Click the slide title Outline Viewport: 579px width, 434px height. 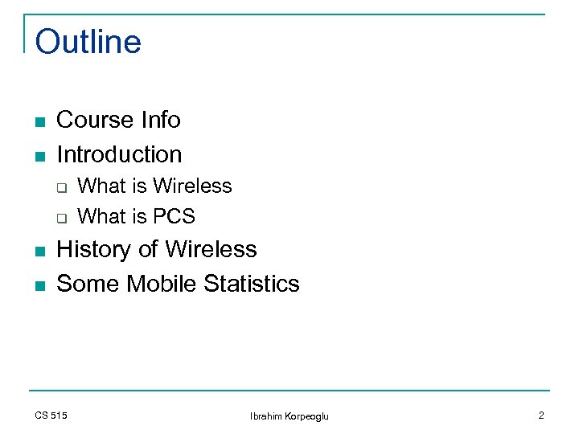click(88, 43)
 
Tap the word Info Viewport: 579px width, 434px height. click(160, 121)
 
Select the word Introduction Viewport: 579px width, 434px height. click(119, 154)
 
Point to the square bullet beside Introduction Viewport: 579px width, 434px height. click(39, 156)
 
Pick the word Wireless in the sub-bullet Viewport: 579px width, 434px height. click(192, 186)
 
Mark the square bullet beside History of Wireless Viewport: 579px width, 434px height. click(39, 252)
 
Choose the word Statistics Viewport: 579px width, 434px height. click(252, 284)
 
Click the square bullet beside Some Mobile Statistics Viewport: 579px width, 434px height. click(39, 285)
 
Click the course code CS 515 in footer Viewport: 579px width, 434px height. click(51, 416)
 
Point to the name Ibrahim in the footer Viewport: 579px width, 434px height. click(267, 416)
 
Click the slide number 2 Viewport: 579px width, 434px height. click(541, 416)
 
